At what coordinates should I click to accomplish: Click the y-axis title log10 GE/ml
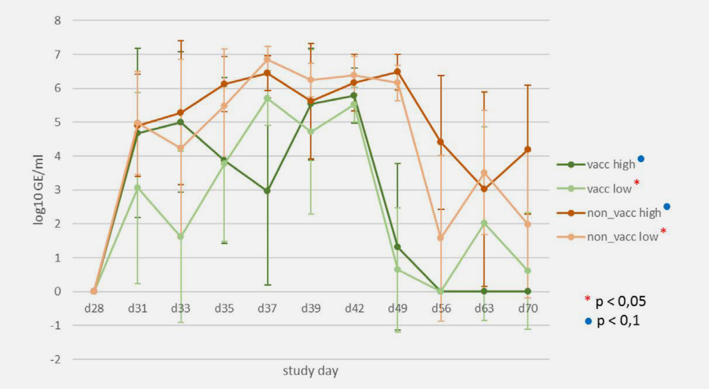point(39,190)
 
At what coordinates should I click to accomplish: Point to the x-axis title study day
point(310,371)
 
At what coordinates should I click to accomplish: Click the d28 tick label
point(94,308)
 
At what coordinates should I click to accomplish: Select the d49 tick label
point(398,308)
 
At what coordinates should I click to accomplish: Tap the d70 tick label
point(528,308)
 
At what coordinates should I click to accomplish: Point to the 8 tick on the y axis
point(57,21)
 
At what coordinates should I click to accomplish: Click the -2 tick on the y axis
point(55,360)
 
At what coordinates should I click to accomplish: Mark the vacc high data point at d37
point(267,191)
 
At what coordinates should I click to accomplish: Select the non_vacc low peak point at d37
point(267,60)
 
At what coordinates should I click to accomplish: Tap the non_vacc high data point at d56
point(441,142)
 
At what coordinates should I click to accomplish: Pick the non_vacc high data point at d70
point(528,149)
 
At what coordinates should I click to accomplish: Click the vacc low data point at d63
point(484,223)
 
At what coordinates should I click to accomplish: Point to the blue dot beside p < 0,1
point(588,322)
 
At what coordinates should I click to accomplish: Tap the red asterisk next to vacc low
point(636,182)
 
